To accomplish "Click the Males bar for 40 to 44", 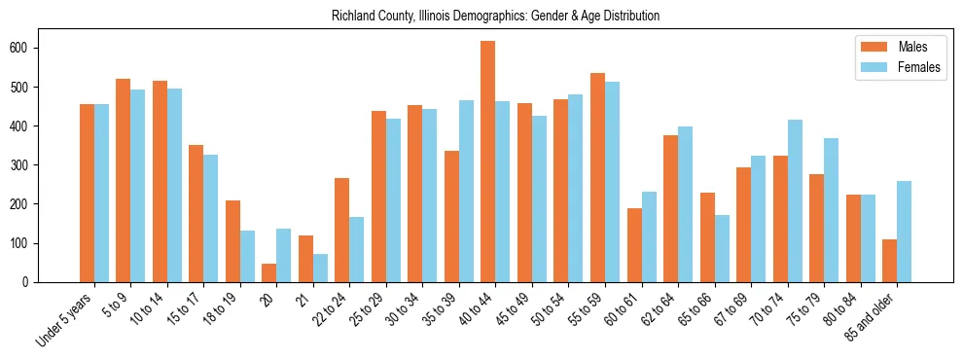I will click(488, 162).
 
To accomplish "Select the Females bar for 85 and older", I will click(904, 232).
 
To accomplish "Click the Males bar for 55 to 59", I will click(597, 177).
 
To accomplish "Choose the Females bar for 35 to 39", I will click(466, 191).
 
